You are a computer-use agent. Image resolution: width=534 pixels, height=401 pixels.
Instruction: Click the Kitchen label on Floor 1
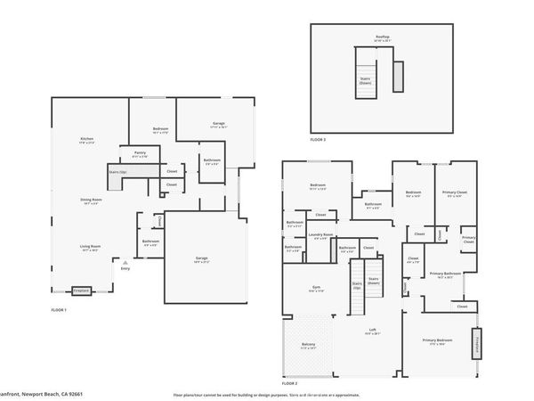87,140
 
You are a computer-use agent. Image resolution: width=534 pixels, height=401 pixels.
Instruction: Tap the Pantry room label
140,153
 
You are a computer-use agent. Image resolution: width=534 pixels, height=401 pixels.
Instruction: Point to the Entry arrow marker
125,265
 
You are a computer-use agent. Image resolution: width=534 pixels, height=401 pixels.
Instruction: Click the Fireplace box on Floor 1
81,290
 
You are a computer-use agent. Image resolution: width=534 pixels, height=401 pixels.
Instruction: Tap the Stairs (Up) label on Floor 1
117,172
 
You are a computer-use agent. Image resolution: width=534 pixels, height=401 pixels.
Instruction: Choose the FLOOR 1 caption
61,308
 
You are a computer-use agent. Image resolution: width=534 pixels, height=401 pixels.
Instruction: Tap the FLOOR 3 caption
318,140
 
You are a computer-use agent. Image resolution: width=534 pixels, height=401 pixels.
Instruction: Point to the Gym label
315,289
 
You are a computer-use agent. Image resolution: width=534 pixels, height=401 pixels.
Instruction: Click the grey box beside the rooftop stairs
398,74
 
